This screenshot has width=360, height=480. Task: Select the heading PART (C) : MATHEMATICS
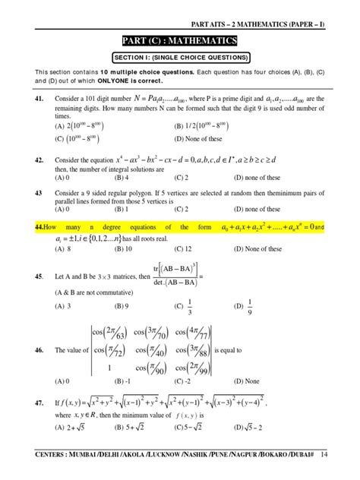tap(180, 40)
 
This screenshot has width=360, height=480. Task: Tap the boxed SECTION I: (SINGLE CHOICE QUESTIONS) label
tap(180, 57)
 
